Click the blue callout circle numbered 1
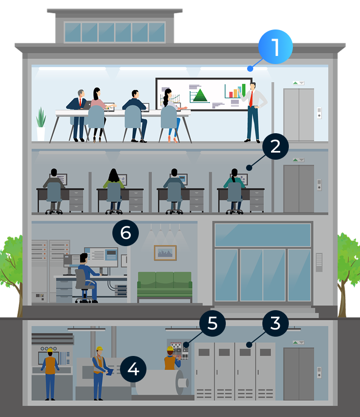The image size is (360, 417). pyautogui.click(x=276, y=47)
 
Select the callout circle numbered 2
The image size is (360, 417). pyautogui.click(x=276, y=146)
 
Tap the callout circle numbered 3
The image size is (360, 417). pyautogui.click(x=276, y=323)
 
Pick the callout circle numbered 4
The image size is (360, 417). pyautogui.click(x=133, y=369)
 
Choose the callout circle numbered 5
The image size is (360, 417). pyautogui.click(x=213, y=323)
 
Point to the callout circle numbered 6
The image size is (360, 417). pyautogui.click(x=126, y=233)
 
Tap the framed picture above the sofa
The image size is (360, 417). pyautogui.click(x=165, y=253)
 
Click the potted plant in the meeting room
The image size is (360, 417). pyautogui.click(x=41, y=124)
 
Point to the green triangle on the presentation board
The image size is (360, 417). pyautogui.click(x=200, y=95)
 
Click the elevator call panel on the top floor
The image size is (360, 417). pyautogui.click(x=319, y=113)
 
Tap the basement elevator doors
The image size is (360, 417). pyautogui.click(x=298, y=374)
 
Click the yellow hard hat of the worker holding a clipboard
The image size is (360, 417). pyautogui.click(x=100, y=348)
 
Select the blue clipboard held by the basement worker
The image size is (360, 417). pyautogui.click(x=109, y=372)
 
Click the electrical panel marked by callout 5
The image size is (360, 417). pyautogui.click(x=179, y=350)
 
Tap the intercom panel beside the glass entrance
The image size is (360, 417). pyautogui.click(x=319, y=262)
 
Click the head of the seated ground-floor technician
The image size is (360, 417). pyautogui.click(x=83, y=258)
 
